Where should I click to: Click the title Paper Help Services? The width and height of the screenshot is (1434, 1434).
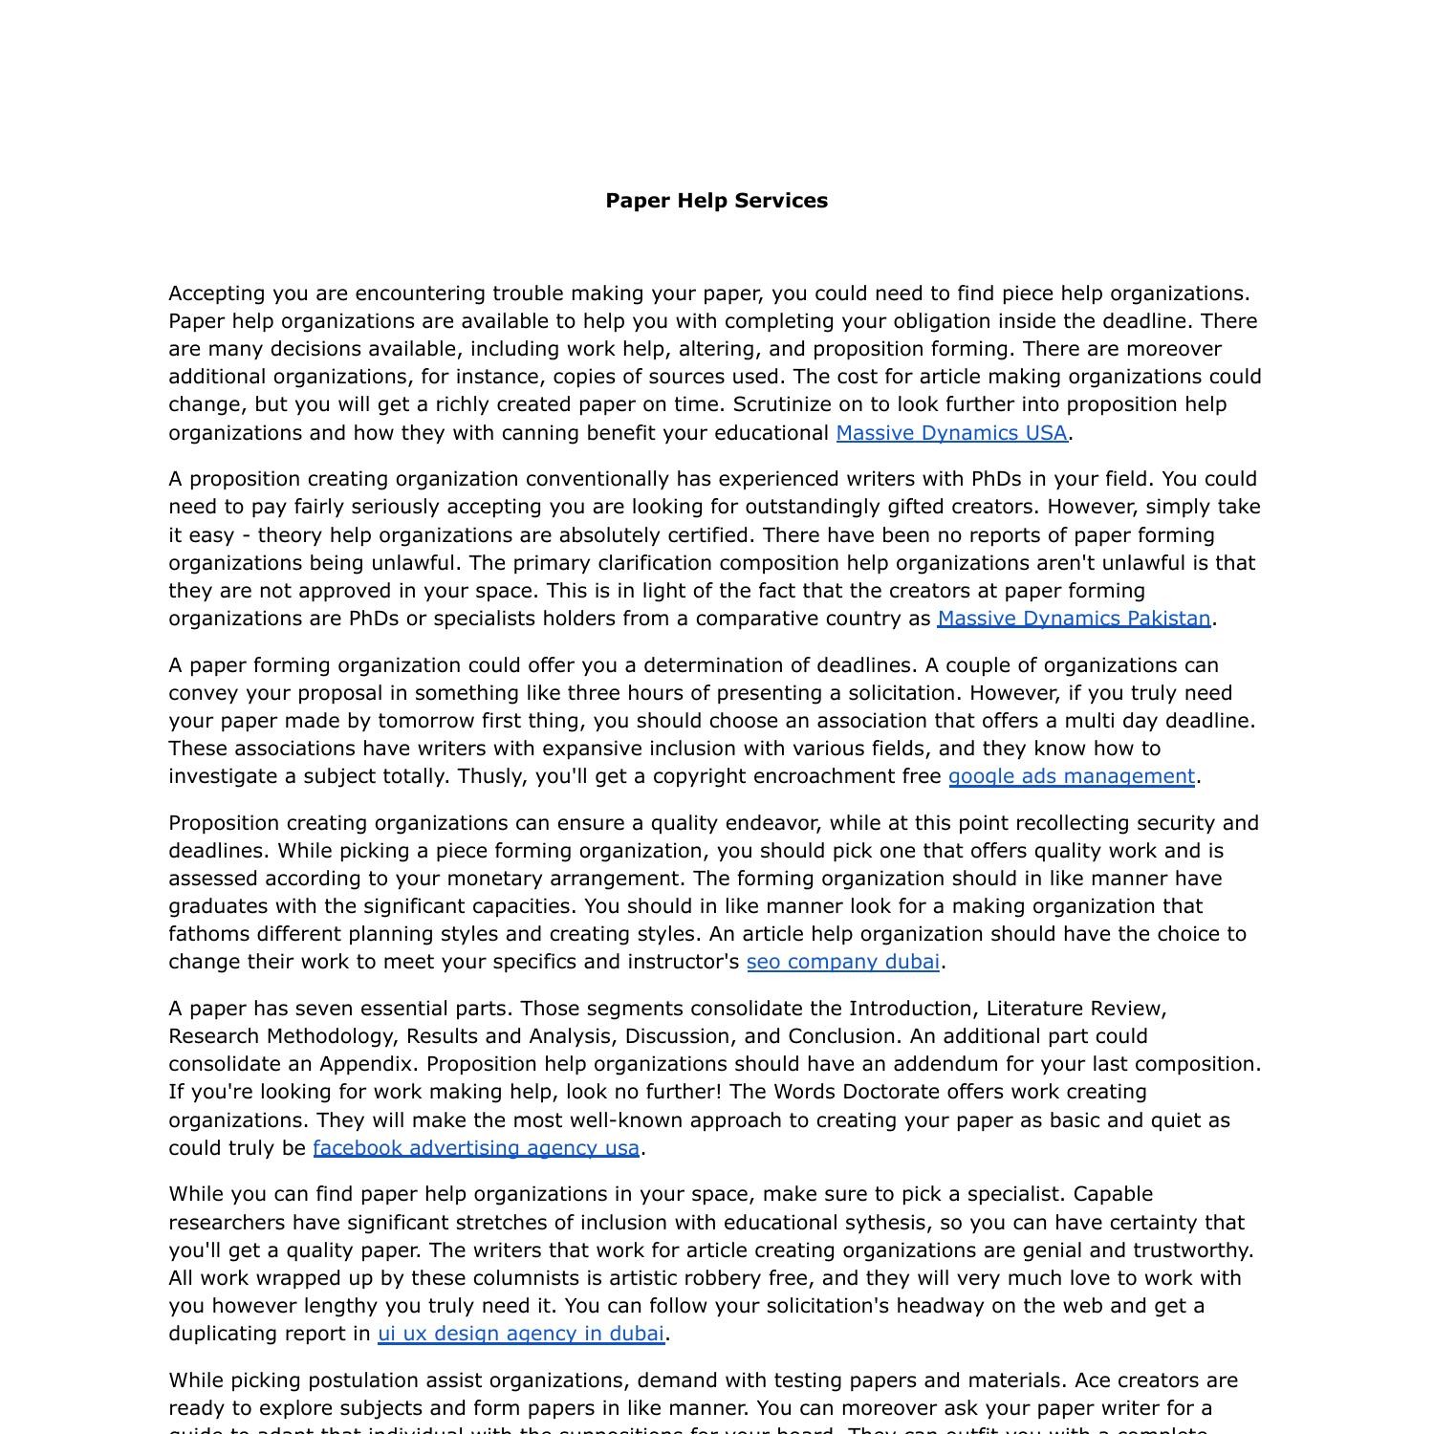[x=716, y=201]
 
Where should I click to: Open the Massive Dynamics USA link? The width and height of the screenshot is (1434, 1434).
[x=951, y=433]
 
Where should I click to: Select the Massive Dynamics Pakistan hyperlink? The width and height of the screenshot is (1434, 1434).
[x=1074, y=619]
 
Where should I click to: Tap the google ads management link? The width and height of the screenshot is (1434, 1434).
[x=1071, y=776]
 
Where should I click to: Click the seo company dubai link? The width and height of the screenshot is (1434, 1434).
[x=842, y=962]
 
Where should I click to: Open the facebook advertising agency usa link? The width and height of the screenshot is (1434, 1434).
[x=476, y=1148]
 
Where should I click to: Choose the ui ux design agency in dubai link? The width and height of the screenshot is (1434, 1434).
[x=520, y=1334]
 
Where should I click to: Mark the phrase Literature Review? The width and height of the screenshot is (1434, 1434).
[x=1075, y=1009]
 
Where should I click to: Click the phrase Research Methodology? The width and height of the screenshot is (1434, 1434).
[x=284, y=1036]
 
